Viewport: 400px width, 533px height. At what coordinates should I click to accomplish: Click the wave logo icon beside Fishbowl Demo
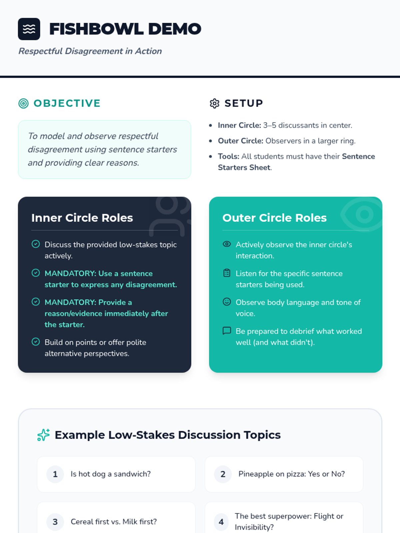point(29,29)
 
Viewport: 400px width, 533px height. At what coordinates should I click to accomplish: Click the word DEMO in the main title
point(175,29)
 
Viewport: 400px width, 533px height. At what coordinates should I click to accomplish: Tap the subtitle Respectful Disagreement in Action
point(90,51)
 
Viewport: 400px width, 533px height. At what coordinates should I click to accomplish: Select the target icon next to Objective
point(23,104)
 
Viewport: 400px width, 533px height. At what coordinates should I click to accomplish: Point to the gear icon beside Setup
point(214,104)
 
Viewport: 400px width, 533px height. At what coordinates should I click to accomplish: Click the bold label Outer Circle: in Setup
point(240,141)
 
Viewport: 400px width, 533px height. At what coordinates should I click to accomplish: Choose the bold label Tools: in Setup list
point(228,157)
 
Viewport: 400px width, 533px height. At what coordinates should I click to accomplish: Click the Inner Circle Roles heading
point(82,218)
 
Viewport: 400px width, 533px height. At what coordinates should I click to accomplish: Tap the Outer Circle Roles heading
point(274,218)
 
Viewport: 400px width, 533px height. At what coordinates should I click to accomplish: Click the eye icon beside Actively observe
point(227,244)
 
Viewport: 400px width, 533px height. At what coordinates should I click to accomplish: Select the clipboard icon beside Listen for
point(227,273)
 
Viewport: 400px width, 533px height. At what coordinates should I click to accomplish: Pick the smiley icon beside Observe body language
point(227,302)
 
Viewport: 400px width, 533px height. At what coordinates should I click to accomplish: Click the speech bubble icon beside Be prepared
point(227,330)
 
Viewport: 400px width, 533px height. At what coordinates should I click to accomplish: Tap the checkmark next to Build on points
point(36,342)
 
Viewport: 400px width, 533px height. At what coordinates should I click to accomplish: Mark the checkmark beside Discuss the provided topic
point(36,244)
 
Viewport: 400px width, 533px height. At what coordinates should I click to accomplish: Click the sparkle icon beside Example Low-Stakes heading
point(43,435)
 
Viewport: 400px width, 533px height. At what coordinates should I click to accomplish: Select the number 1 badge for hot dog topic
point(55,474)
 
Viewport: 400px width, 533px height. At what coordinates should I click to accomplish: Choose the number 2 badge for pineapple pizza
point(223,474)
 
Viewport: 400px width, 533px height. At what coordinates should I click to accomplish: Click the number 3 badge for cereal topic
point(55,522)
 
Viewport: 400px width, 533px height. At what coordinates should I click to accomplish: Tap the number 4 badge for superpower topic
point(221,522)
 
